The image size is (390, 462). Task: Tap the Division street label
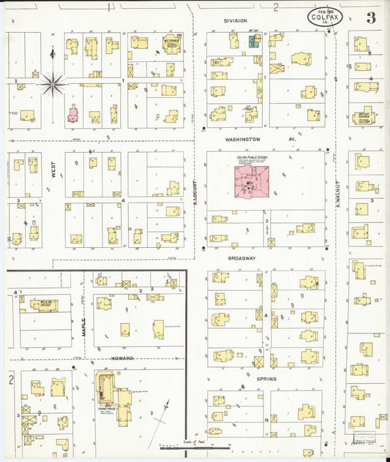tap(235, 21)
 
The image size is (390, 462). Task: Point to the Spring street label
tap(266, 379)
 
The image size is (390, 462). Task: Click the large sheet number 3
tap(372, 18)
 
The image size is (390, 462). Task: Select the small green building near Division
tap(255, 42)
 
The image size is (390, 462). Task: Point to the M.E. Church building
tap(171, 45)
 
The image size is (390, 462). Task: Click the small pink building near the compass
tap(72, 114)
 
